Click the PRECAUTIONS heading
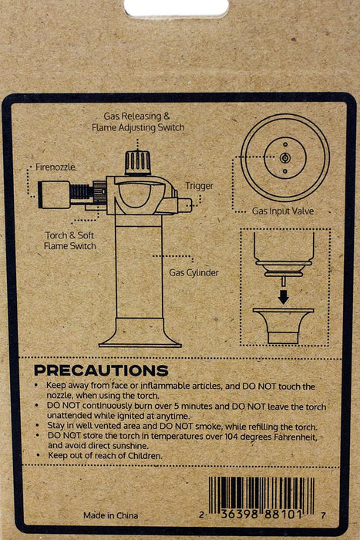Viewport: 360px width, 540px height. (101, 370)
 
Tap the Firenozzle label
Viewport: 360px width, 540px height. (56, 167)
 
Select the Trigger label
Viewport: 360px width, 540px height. (200, 186)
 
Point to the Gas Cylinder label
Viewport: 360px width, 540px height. (193, 273)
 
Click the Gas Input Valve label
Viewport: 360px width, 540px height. (283, 211)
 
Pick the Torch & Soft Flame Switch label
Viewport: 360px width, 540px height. (70, 241)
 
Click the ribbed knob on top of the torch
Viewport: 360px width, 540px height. (138, 163)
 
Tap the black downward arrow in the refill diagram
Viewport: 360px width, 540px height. (283, 297)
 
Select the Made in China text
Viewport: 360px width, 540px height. (110, 515)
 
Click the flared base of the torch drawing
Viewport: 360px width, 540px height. (140, 332)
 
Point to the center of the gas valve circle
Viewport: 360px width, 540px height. (285, 158)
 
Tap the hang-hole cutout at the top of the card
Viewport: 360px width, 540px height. (177, 8)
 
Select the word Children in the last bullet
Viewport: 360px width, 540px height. (145, 456)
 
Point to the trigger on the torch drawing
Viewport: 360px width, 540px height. (183, 204)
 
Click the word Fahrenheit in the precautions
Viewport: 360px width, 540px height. (295, 437)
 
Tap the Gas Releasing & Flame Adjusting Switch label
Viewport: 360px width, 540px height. (138, 122)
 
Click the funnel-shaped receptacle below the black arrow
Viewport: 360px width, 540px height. (283, 326)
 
